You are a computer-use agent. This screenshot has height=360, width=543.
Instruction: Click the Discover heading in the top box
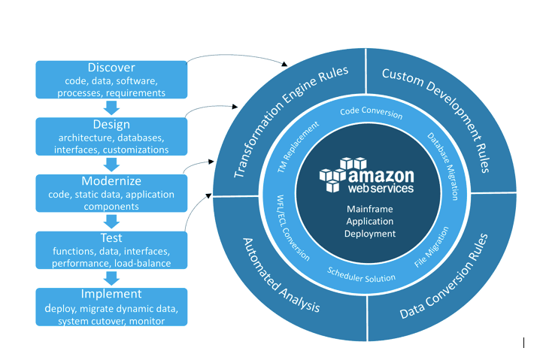click(111, 68)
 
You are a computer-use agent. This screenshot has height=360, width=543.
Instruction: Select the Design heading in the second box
click(111, 125)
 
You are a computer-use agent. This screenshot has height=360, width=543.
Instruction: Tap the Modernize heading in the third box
click(111, 182)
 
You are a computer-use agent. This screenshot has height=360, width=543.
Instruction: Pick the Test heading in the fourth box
click(111, 238)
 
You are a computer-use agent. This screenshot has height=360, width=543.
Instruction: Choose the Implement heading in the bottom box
click(111, 295)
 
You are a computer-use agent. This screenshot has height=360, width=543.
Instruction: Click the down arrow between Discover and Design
click(111, 108)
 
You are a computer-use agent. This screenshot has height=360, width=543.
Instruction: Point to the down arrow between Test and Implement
click(111, 278)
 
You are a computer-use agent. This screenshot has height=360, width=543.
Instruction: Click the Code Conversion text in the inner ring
click(371, 113)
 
